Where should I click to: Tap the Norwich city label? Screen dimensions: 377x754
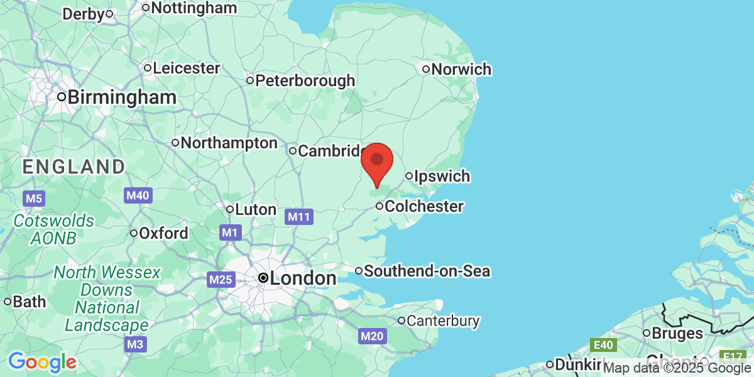[461, 69]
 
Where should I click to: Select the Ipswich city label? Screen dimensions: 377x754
[442, 176]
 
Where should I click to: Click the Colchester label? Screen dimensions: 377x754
[423, 206]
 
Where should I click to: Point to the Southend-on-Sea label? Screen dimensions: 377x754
[427, 271]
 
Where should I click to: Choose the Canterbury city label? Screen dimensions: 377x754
[442, 320]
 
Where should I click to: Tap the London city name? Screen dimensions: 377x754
[303, 278]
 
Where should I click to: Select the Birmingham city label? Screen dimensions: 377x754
[121, 97]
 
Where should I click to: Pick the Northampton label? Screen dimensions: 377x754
[229, 143]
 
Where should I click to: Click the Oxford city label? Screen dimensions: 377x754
[163, 233]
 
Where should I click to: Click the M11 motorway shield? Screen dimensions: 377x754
[299, 217]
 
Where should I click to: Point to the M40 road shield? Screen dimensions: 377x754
[138, 195]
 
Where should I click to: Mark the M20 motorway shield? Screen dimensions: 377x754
[372, 337]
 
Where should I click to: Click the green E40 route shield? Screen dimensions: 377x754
[604, 344]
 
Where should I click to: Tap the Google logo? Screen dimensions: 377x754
[43, 363]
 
